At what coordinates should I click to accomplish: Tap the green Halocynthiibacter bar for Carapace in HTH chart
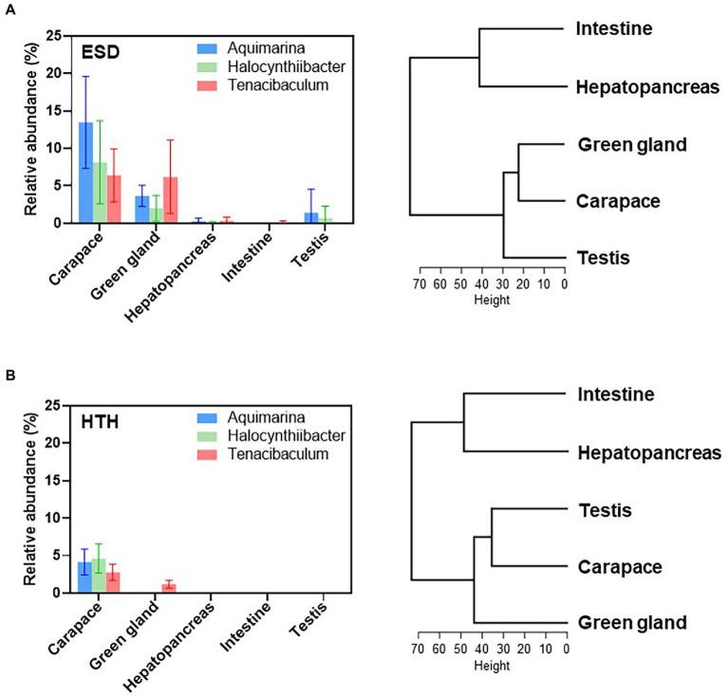tap(99, 576)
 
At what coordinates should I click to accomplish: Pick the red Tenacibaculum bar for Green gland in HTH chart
tap(170, 588)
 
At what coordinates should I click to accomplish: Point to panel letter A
tap(9, 8)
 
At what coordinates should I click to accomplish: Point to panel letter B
tap(9, 376)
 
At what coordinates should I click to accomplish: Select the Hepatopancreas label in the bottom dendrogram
tap(648, 452)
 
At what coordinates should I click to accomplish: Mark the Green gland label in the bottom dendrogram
tap(631, 623)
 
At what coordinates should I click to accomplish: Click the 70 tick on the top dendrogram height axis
tap(419, 283)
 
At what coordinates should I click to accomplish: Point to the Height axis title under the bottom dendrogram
tap(491, 667)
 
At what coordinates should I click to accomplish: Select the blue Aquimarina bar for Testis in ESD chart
tap(310, 218)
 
